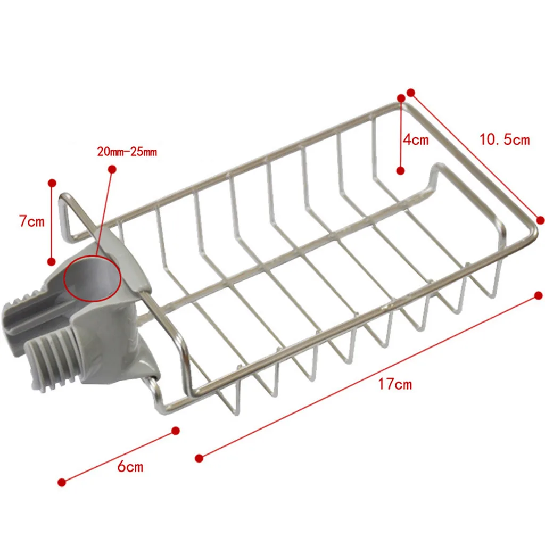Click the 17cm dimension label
pyautogui.click(x=395, y=384)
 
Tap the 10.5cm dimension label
pyautogui.click(x=505, y=140)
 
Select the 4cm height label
pyautogui.click(x=416, y=140)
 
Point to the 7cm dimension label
pyautogui.click(x=32, y=221)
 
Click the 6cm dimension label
pyautogui.click(x=130, y=467)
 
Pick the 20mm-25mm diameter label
pyautogui.click(x=127, y=152)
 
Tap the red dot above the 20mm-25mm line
pyautogui.click(x=112, y=169)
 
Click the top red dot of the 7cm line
pyautogui.click(x=52, y=183)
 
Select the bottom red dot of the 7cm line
pyautogui.click(x=52, y=261)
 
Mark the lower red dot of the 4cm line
pyautogui.click(x=401, y=170)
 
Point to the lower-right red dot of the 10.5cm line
pyautogui.click(x=540, y=220)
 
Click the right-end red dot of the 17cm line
pyautogui.click(x=538, y=295)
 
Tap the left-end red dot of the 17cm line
pyautogui.click(x=199, y=458)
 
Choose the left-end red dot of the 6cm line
pyautogui.click(x=61, y=482)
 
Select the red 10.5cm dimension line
pyautogui.click(x=475, y=156)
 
